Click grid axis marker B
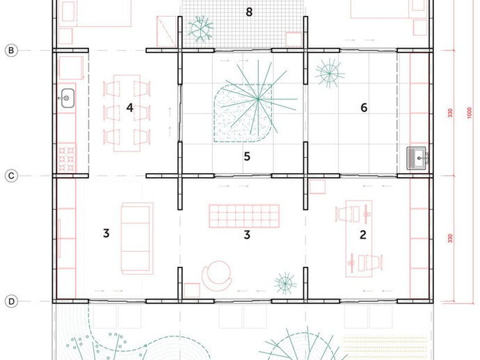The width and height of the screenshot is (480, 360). pyautogui.click(x=11, y=51)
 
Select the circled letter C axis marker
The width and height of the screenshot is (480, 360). pyautogui.click(x=11, y=176)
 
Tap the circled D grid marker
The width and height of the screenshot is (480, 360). pyautogui.click(x=11, y=302)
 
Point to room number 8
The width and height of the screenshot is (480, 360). pyautogui.click(x=249, y=12)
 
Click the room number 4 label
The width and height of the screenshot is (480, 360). pyautogui.click(x=130, y=108)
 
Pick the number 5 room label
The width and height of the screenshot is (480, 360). pyautogui.click(x=247, y=156)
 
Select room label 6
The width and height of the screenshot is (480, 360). pyautogui.click(x=364, y=108)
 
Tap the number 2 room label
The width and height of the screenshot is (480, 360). pyautogui.click(x=363, y=235)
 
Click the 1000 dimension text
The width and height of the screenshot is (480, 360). pyautogui.click(x=470, y=113)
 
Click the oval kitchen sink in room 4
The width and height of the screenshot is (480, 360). pyautogui.click(x=67, y=98)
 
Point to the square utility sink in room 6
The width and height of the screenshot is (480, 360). pyautogui.click(x=417, y=158)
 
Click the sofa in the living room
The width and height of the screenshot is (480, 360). pyautogui.click(x=137, y=238)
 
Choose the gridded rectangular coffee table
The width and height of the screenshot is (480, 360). pyautogui.click(x=244, y=216)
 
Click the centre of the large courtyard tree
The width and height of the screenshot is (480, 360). pyautogui.click(x=258, y=99)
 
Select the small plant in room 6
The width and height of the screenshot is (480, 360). pyautogui.click(x=329, y=74)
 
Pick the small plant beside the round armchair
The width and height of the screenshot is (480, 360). pyautogui.click(x=285, y=284)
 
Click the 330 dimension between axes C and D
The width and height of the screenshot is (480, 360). pyautogui.click(x=450, y=238)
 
